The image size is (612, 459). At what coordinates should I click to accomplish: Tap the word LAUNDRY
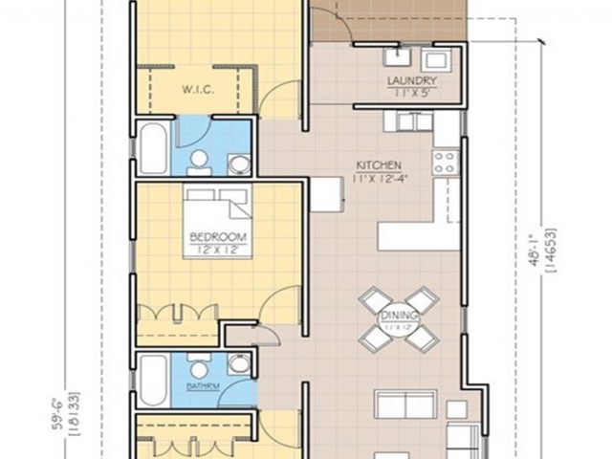tap(412, 81)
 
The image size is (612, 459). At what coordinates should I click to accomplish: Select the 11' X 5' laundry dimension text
tap(412, 93)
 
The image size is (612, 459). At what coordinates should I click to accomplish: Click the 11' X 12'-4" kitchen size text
tap(378, 176)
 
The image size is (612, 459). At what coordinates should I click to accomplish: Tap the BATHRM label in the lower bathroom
tap(202, 385)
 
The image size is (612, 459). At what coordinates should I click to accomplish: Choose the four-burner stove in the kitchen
tap(444, 164)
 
